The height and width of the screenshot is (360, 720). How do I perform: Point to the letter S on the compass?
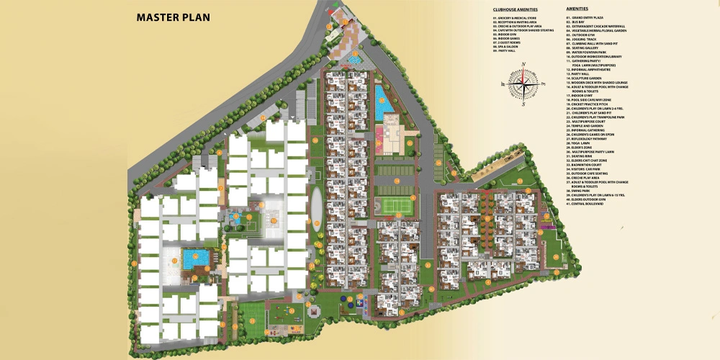pyautogui.click(x=524, y=104)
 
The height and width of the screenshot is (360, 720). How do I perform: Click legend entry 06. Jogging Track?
pyautogui.click(x=582, y=39)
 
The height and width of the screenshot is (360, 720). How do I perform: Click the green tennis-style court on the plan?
pyautogui.click(x=393, y=205)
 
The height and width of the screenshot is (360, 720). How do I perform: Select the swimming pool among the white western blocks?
pyautogui.click(x=194, y=257)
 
